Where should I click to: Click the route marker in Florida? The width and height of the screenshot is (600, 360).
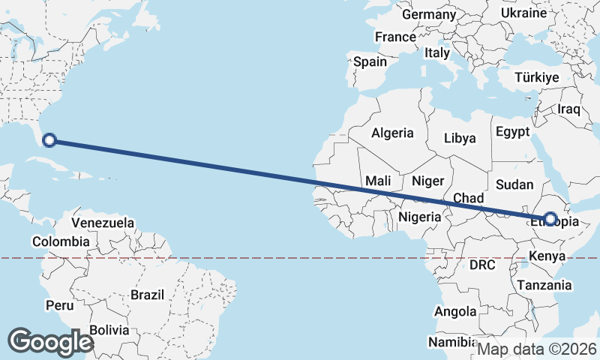49,139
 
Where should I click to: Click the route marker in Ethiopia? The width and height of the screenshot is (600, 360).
550,219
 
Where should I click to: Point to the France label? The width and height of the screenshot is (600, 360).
395,37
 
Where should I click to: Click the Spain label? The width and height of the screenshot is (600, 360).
370,62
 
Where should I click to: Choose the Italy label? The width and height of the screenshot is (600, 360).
436,53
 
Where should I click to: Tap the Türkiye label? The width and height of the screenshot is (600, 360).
537,78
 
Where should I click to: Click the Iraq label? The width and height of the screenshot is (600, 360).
569,109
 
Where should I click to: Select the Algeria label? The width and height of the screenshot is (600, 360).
392,133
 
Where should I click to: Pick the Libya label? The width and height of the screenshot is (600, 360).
460,138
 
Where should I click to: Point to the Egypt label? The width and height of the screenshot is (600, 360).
513,132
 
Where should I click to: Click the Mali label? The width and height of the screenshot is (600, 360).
378,181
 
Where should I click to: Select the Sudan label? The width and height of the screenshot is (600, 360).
515,184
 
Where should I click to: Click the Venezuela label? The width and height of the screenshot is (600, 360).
103,223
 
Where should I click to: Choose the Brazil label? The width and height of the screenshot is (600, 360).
147,295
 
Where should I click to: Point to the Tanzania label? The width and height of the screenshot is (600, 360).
544,285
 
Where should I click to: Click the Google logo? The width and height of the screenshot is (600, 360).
51,341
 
